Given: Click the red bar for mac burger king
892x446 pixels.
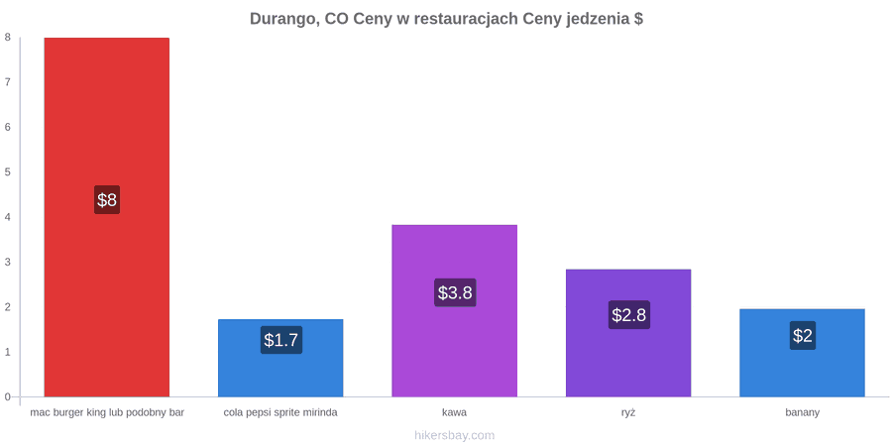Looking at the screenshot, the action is (x=106, y=217).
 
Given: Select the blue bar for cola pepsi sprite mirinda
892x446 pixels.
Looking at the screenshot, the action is (x=280, y=358).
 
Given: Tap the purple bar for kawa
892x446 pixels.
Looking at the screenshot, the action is (x=455, y=310).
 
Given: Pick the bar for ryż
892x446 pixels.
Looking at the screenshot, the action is (x=628, y=333).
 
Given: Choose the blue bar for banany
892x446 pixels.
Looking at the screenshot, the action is (x=802, y=353).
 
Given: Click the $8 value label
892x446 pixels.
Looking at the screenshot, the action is (x=107, y=199).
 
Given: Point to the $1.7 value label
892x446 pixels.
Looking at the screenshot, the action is (x=281, y=340).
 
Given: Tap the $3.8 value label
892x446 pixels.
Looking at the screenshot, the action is (x=455, y=292).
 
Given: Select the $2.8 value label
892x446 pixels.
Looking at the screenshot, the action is (x=629, y=314).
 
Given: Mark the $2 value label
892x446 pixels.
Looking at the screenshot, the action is (x=803, y=336).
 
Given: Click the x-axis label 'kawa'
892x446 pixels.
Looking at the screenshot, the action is (x=455, y=412).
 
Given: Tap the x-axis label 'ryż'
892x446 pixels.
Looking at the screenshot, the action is (x=628, y=413).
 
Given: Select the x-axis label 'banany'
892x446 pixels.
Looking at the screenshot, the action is (x=803, y=413).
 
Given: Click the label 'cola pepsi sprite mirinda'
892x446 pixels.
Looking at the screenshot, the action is (x=280, y=413).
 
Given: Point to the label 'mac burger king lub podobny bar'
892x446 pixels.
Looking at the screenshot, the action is (x=107, y=413).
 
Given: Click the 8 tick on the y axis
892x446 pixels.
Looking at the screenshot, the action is (x=8, y=38).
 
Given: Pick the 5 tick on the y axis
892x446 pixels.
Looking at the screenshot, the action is (x=8, y=172).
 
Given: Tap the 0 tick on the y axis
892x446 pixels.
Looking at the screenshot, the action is (x=8, y=397).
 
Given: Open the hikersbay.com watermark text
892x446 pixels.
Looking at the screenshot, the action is (x=455, y=436).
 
